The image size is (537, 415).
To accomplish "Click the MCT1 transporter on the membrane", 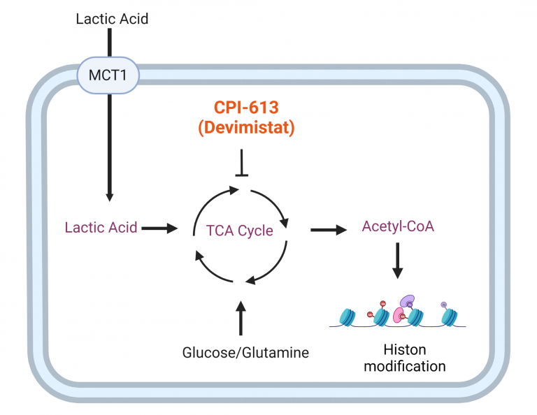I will (x=108, y=73).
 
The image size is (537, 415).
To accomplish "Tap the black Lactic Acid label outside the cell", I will (x=112, y=19).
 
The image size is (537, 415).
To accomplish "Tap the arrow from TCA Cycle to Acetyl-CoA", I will (x=328, y=228).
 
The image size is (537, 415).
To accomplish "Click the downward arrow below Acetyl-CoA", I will (x=396, y=260).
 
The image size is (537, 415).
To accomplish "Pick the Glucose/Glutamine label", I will (x=245, y=353).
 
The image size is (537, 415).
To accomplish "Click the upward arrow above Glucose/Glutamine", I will (x=241, y=318).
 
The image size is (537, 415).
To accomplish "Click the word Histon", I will (x=404, y=349).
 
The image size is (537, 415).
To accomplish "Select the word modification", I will (x=404, y=365).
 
